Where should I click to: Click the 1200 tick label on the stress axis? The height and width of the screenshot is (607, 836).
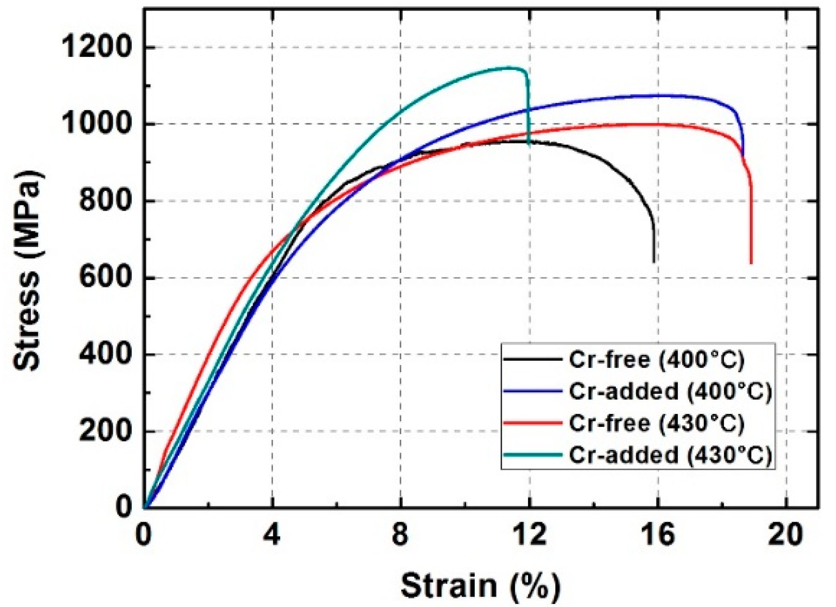pyautogui.click(x=96, y=47)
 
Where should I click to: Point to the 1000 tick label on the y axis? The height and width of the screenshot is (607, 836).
pyautogui.click(x=96, y=124)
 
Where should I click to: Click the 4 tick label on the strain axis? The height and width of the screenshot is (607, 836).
pyautogui.click(x=272, y=534)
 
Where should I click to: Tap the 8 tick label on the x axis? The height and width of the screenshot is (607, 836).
pyautogui.click(x=400, y=534)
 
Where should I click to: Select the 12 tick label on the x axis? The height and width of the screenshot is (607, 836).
pyautogui.click(x=529, y=534)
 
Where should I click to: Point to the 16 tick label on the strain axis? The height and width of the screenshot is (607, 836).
pyautogui.click(x=658, y=534)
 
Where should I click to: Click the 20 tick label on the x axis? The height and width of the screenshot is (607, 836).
pyautogui.click(x=786, y=534)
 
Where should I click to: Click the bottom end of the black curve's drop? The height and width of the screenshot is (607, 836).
pyautogui.click(x=654, y=262)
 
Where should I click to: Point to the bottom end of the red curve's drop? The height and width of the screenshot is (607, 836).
pyautogui.click(x=751, y=263)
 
